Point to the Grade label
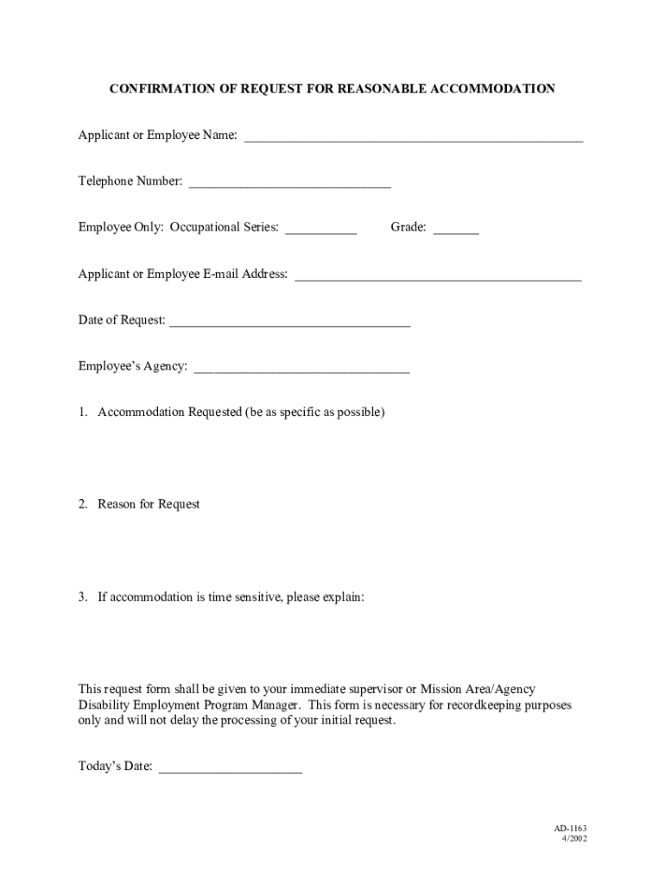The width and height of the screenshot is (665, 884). click(408, 227)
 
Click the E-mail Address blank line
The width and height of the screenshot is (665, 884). click(438, 277)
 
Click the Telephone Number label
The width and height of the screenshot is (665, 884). click(130, 181)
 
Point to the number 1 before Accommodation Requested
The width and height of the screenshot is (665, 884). click(82, 412)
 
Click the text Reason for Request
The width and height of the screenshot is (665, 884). click(149, 504)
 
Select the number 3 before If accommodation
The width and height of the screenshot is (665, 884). click(82, 597)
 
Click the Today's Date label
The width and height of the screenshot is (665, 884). click(116, 766)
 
